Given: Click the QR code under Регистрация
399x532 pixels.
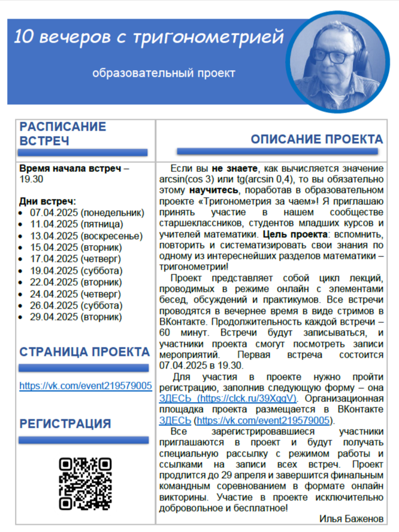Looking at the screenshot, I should point(85,483).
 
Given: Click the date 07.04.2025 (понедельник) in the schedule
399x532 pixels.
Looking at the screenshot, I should point(87,213).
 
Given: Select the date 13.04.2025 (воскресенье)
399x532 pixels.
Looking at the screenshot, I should point(87,235).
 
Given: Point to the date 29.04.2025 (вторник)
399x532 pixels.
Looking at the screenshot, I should point(77,316).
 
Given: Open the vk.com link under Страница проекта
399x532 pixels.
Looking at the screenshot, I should point(85,386).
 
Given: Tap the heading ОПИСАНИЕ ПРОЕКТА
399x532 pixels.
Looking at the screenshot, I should point(316,140).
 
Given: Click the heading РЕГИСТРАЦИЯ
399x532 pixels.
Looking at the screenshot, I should point(65,424).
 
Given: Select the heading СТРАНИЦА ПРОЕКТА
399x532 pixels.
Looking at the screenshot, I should point(84,352).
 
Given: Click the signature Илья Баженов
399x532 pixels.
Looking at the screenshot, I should point(343,519).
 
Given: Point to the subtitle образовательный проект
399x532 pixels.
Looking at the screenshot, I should point(164,73).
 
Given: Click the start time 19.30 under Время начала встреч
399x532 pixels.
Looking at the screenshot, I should point(31,179).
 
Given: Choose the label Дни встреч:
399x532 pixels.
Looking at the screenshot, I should point(47,201).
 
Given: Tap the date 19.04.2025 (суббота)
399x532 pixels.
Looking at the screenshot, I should point(76,270).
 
